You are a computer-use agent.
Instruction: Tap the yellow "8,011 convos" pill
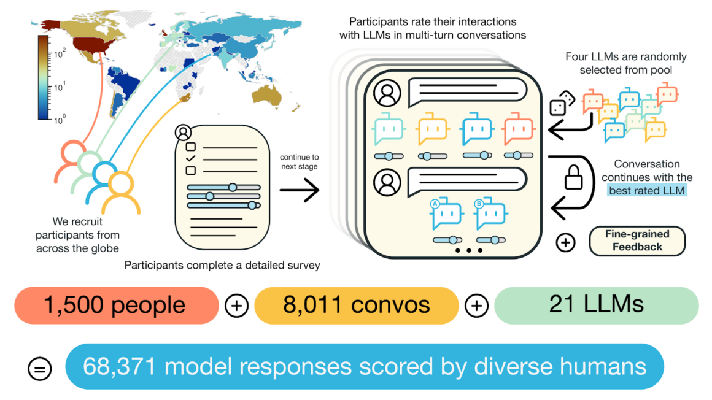coord(356,305)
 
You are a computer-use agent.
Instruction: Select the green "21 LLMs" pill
coord(596,305)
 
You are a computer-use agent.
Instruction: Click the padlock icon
coord(573,177)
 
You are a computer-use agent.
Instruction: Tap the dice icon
coord(562,104)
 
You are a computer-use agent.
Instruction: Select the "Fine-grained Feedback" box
coord(637,240)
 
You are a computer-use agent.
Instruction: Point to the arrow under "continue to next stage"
coord(300,190)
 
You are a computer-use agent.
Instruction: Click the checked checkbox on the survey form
coord(191,158)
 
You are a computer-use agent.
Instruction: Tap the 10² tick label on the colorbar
coord(58,55)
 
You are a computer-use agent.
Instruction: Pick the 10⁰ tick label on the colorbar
coord(58,120)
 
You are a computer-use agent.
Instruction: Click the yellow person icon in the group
coord(120,192)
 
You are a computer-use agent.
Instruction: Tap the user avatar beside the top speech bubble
coord(387,93)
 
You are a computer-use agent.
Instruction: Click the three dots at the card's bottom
coord(468,250)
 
